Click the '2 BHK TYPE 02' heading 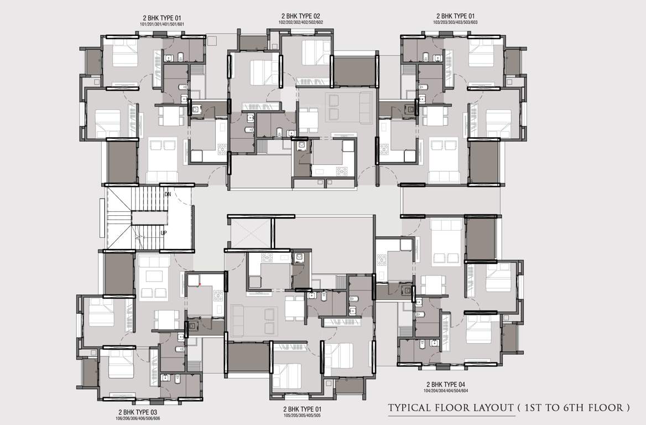(300, 16)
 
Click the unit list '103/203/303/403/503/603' (455, 23)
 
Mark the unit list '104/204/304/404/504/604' (445, 391)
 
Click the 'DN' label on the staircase (167, 194)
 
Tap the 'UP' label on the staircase (164, 233)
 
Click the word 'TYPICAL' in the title (410, 408)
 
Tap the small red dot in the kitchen (200, 283)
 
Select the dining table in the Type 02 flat (308, 120)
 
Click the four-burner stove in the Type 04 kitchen (382, 260)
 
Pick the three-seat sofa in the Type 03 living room (154, 262)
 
